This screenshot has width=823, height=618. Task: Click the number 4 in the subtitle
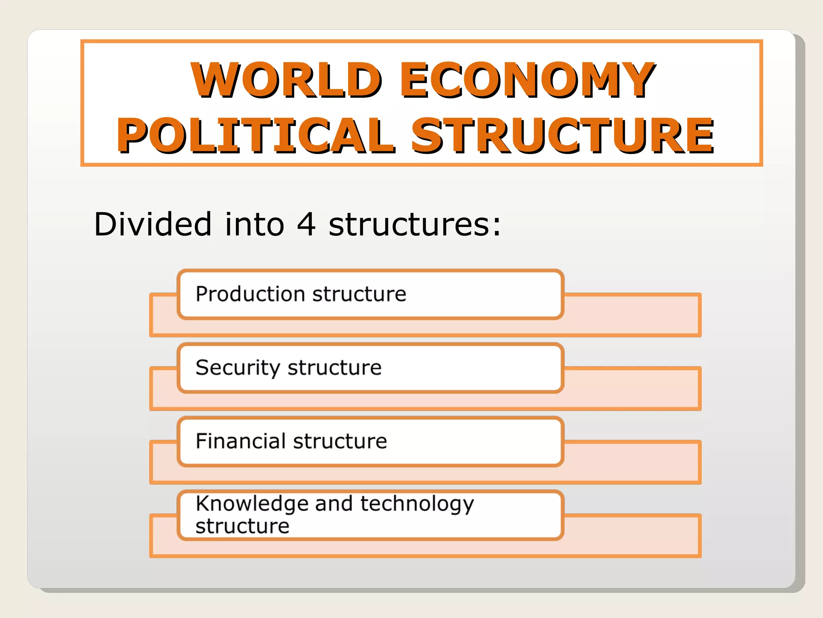[306, 224]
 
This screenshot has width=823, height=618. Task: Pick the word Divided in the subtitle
[152, 224]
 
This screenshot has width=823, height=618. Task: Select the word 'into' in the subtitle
[254, 224]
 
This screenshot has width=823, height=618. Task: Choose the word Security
[238, 368]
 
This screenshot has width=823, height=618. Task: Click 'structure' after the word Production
[359, 294]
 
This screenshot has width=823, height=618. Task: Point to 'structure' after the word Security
[335, 368]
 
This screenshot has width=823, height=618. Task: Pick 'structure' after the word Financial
[340, 442]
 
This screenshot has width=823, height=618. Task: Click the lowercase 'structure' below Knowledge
[242, 526]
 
